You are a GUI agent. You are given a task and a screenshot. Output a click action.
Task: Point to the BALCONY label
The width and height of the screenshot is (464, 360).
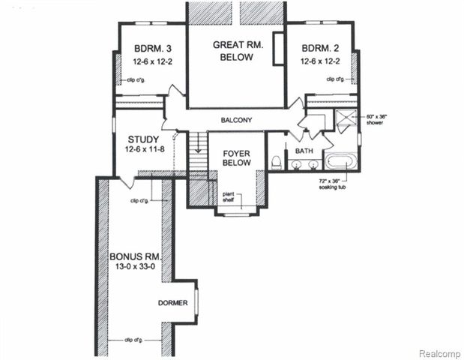(235, 120)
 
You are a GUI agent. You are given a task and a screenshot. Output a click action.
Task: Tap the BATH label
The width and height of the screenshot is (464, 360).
(304, 151)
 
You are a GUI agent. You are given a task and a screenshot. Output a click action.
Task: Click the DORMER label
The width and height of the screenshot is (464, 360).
(172, 304)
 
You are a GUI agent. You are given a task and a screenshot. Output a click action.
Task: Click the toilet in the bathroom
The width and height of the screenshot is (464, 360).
(276, 162)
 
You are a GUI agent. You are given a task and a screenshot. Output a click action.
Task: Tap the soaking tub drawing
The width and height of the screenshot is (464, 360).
(341, 161)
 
